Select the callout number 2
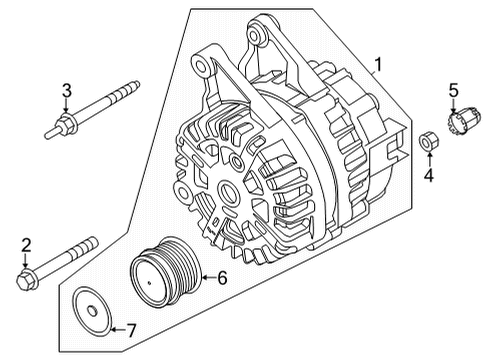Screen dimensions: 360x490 [27, 243]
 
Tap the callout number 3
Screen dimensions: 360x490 [66, 92]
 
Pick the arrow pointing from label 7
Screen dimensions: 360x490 [114, 327]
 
